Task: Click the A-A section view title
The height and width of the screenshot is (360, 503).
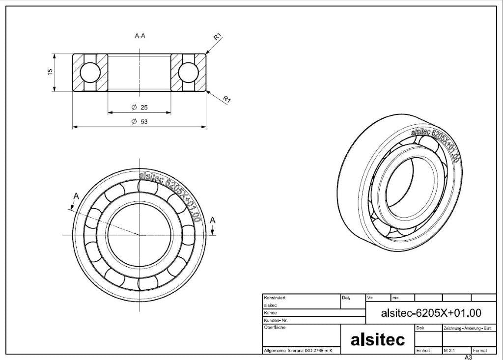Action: coord(140,36)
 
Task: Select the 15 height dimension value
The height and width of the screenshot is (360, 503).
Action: coord(50,72)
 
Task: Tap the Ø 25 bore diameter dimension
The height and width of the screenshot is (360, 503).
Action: coord(140,107)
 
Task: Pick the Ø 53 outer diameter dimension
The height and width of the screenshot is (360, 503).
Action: coord(140,122)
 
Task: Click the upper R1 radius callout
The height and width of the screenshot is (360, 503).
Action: coord(218,36)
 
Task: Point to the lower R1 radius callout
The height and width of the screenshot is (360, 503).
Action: coord(227,99)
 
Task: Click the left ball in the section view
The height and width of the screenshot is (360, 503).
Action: coord(90,73)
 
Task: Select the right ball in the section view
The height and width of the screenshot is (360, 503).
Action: coord(189,73)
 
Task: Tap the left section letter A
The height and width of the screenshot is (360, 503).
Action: coord(76,196)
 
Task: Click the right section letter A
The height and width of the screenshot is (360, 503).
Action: coord(212,221)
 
